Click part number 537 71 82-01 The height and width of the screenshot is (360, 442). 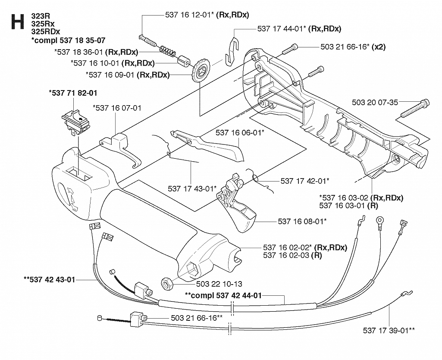73,93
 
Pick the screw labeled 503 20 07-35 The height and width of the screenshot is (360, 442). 415,109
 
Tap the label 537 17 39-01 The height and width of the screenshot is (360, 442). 389,330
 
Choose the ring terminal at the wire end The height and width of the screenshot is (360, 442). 380,220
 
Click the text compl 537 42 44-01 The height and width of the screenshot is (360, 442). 223,295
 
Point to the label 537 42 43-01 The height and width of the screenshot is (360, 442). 50,279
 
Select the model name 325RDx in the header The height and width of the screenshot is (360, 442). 46,31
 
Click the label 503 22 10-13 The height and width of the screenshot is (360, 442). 219,284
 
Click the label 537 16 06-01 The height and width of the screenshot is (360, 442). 240,132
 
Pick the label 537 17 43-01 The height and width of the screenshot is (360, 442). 192,188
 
